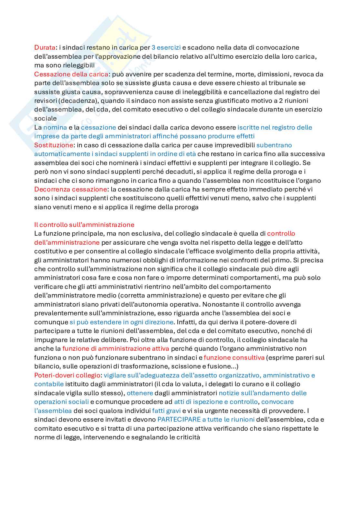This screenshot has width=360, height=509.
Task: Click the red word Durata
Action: coord(45,48)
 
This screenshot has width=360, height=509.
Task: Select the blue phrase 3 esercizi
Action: coord(166,48)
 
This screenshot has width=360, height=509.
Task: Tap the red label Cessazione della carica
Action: coord(71,74)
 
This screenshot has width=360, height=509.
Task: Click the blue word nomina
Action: coord(55,127)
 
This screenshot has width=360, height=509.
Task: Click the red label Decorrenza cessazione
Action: coord(70,189)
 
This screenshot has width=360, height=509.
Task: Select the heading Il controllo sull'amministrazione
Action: coord(84,225)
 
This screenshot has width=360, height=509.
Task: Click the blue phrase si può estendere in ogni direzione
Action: coord(122,322)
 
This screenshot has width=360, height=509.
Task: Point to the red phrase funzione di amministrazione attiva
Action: coord(116,348)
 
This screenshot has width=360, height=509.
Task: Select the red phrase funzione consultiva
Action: coord(234,357)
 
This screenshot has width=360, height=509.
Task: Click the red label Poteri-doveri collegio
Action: coord(67,375)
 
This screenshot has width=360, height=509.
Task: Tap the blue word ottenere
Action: coord(140,393)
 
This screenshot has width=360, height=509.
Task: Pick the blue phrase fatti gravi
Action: coord(166,411)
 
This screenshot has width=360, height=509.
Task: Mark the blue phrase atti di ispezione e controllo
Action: coord(216,402)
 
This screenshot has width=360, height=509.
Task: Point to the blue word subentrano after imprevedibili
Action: coord(274,145)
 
